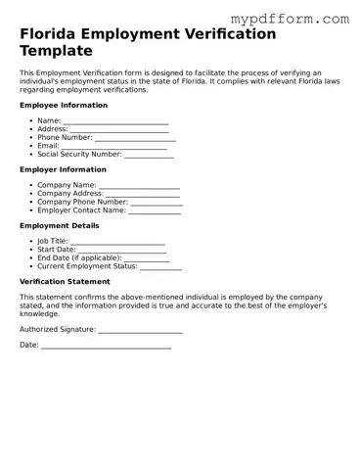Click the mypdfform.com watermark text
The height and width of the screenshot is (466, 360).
[x=302, y=19]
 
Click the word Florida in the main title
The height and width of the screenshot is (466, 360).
[x=52, y=34]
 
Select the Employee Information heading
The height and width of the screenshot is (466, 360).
[x=64, y=105]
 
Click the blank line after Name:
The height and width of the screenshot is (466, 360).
[x=115, y=121]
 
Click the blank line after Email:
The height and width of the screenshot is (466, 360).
[x=112, y=146]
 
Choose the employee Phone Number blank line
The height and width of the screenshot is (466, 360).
[x=132, y=138]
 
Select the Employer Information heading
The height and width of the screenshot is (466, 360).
[x=63, y=169]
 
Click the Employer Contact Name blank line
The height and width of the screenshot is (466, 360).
[x=155, y=210]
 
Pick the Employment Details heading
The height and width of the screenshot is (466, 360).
[x=59, y=226]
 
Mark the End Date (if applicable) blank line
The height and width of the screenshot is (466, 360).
[x=147, y=258]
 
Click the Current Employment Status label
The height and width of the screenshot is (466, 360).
[x=87, y=266]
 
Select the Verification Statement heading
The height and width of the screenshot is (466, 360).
[x=65, y=282]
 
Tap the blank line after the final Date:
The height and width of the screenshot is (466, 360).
[x=106, y=347]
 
